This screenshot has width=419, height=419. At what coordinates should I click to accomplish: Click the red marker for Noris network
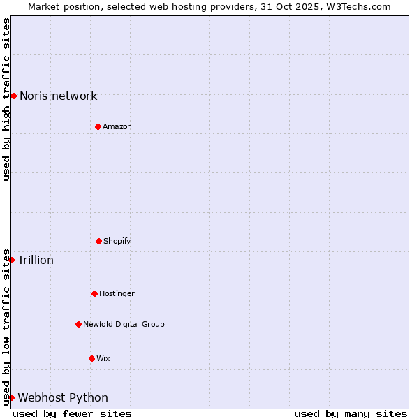click(x=13, y=96)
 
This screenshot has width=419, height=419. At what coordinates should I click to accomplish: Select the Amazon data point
click(x=98, y=126)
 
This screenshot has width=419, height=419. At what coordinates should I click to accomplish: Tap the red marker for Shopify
click(x=98, y=241)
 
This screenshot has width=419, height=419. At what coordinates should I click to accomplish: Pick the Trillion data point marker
click(x=11, y=260)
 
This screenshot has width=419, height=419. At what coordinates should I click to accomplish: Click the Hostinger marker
click(x=94, y=293)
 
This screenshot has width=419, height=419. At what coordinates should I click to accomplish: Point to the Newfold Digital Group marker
click(x=78, y=324)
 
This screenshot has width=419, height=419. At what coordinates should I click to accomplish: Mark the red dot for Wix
click(x=91, y=358)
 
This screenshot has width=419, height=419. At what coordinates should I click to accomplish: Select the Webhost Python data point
click(x=11, y=397)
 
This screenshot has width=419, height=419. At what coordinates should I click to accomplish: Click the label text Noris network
click(x=59, y=96)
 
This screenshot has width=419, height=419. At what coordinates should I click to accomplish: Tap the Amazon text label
click(x=117, y=127)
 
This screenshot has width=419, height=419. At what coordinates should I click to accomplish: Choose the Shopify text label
click(x=117, y=242)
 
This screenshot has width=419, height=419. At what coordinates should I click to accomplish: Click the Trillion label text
click(x=36, y=260)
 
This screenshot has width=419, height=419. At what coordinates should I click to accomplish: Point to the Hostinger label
click(x=117, y=294)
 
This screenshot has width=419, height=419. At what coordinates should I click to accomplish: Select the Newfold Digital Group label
click(x=124, y=325)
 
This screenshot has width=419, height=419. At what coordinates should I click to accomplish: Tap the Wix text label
click(x=103, y=359)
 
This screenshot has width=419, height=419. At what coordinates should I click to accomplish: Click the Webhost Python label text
click(x=63, y=398)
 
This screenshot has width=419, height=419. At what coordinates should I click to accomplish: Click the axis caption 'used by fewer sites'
click(x=72, y=413)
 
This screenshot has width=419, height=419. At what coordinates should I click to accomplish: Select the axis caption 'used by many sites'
click(x=351, y=413)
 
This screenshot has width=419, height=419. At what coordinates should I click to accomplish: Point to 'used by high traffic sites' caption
click(x=6, y=99)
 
